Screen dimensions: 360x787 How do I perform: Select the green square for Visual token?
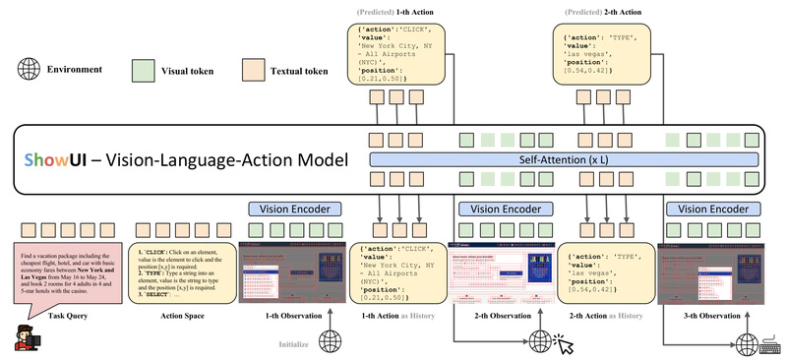[x=144, y=71]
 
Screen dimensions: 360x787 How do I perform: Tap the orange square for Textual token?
[x=253, y=71]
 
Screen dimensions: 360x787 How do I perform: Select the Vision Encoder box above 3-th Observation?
[x=710, y=210]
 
